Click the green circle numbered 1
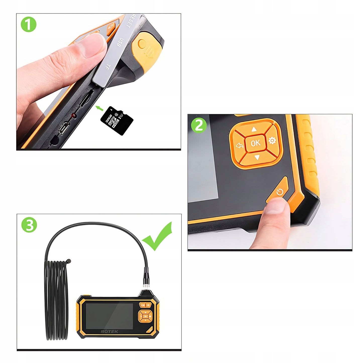29,25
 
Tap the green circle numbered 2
199,125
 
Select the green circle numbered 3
29,225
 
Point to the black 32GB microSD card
117,121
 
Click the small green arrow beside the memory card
100,108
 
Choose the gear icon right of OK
272,141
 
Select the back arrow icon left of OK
240,145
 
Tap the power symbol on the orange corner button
280,193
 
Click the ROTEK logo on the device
109,331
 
